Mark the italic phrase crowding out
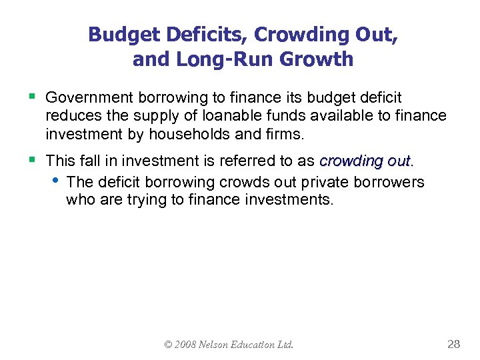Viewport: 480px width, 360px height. (x=366, y=161)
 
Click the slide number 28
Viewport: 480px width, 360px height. (x=453, y=344)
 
